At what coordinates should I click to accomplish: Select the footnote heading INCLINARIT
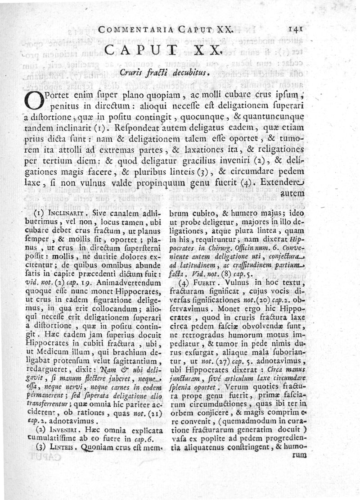(x=66, y=210)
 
